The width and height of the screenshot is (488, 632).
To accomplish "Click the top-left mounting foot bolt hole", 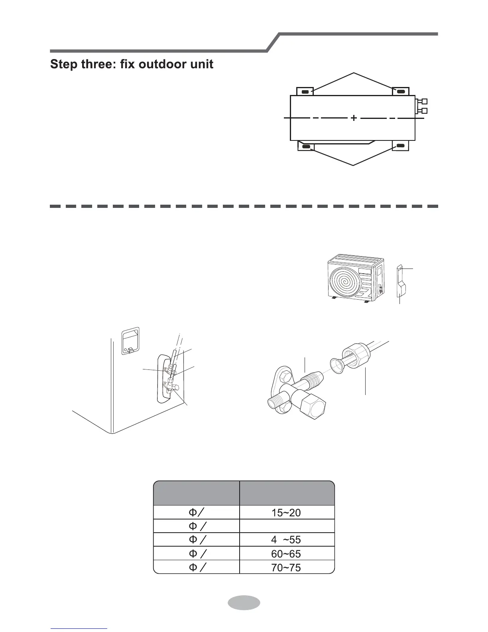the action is (305, 92).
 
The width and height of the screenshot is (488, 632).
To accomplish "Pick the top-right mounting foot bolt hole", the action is (401, 92).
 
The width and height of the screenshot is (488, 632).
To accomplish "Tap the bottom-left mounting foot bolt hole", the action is (306, 146).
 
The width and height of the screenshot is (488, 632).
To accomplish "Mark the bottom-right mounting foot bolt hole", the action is (401, 146).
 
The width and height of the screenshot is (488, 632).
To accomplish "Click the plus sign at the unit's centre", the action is (354, 118).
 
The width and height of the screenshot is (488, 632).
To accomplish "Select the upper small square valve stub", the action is (425, 101).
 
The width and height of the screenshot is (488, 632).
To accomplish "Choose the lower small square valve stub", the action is (425, 111).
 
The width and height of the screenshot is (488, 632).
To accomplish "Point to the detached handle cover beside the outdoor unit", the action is (401, 281).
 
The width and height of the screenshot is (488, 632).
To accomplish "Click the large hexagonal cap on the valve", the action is (313, 411).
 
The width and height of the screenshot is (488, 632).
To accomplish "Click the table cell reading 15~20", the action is (286, 513).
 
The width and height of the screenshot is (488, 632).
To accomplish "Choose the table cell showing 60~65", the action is (286, 553).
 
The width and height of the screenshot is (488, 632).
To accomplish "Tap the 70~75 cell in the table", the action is (286, 567).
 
